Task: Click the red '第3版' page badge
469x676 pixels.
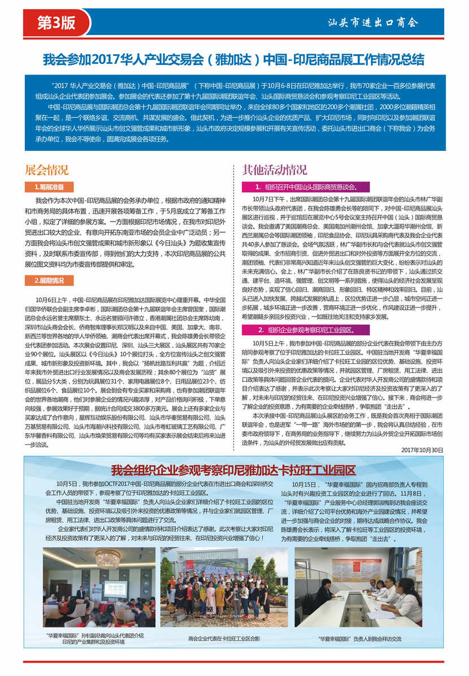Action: (55, 22)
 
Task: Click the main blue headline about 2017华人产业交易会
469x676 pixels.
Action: (234, 60)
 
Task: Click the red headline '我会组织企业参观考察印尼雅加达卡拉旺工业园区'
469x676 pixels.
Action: (233, 470)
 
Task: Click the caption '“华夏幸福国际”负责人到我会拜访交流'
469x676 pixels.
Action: (359, 639)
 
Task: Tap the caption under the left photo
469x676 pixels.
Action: (93, 639)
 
